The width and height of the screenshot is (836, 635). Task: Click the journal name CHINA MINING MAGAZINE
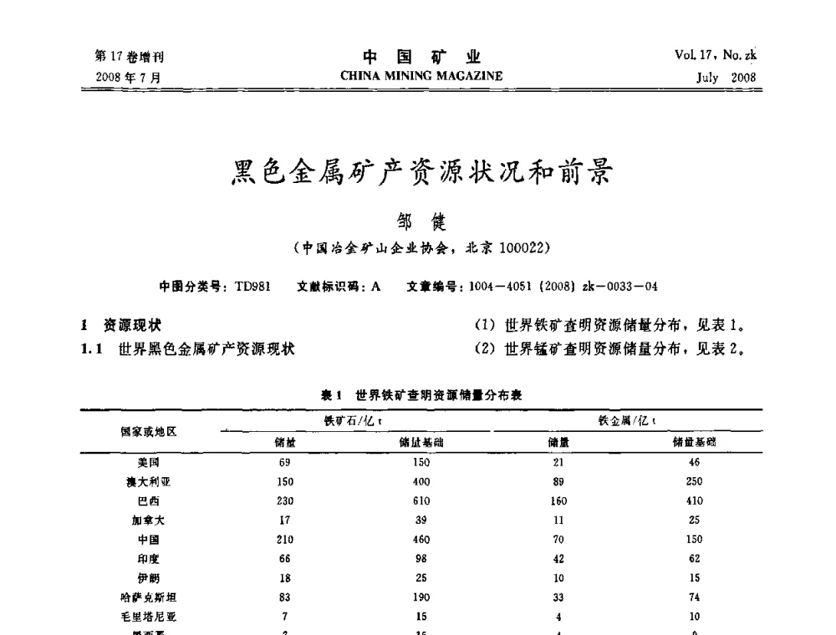click(421, 76)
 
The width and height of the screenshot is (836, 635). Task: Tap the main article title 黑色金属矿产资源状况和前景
click(421, 174)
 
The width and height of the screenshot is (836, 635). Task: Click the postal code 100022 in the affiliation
click(523, 247)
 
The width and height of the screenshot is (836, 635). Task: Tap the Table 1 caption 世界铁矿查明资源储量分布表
click(438, 395)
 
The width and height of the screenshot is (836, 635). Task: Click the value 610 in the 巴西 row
click(421, 501)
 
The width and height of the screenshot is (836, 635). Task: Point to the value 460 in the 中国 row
click(421, 540)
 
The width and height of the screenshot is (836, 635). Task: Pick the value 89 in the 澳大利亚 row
click(558, 482)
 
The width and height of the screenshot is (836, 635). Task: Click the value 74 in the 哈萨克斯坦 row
click(695, 597)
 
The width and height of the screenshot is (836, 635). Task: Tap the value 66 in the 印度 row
click(284, 559)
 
